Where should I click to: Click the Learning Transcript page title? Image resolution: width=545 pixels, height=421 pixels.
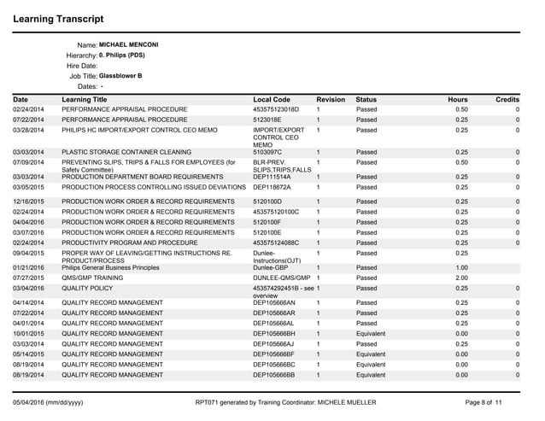[x=59, y=18]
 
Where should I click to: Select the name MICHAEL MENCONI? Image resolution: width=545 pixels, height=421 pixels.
[x=129, y=44]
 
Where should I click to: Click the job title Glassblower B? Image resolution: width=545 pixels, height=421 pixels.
[x=120, y=76]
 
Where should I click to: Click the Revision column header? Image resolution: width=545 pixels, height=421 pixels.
[x=330, y=100]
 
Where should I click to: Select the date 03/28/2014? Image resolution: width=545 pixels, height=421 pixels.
[x=29, y=130]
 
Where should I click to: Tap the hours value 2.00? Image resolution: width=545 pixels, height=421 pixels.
[x=461, y=278]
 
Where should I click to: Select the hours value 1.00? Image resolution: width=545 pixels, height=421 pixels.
[x=461, y=266]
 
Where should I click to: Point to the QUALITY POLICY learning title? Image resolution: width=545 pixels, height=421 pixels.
[x=90, y=289]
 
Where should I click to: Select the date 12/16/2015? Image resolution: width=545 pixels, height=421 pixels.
[x=29, y=201]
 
